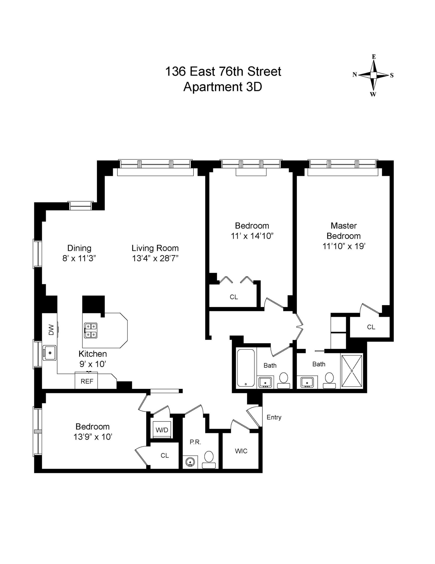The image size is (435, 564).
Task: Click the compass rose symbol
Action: (x=373, y=75)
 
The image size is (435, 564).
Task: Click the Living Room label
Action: (x=155, y=248)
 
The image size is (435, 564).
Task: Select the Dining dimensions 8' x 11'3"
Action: (x=79, y=258)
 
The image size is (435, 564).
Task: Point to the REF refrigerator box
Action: (x=87, y=381)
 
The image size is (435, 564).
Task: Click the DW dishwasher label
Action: (x=51, y=330)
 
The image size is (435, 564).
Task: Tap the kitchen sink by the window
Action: (x=50, y=353)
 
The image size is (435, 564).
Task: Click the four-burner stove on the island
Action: (x=91, y=331)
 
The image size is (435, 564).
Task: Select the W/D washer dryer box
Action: (x=162, y=430)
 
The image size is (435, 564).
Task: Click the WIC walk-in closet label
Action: (x=241, y=451)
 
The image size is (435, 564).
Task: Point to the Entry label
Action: (x=274, y=417)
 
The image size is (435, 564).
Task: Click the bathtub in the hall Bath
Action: (x=246, y=368)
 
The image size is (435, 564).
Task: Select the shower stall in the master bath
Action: (x=352, y=371)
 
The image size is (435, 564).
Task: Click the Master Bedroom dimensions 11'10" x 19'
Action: (x=343, y=246)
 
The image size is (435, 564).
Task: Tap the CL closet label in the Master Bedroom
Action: (x=371, y=327)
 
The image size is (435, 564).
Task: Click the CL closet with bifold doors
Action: (x=234, y=297)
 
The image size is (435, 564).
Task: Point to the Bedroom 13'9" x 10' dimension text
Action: (x=93, y=437)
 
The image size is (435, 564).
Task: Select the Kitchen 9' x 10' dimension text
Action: (x=93, y=364)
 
